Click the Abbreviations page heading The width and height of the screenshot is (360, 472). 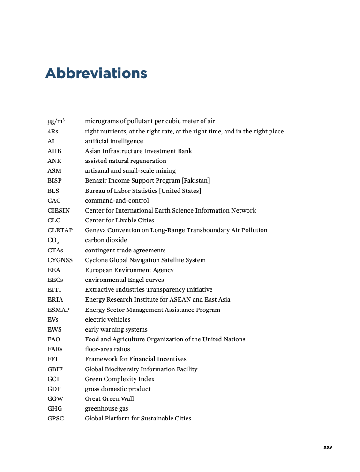pos(96,74)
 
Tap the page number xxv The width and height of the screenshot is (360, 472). pos(328,447)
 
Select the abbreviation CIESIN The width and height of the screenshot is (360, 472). pos(59,211)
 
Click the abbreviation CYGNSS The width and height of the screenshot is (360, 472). pos(60,260)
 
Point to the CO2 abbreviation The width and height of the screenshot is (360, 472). pos(53,241)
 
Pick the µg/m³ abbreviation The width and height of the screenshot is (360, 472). pos(56,121)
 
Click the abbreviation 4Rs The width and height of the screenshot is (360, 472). pos(53,132)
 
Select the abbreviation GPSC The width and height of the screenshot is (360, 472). pos(55,419)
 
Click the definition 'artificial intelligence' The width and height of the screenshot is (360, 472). pos(114,141)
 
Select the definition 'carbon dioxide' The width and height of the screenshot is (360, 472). pos(106,240)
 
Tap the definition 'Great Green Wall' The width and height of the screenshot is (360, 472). pos(109,399)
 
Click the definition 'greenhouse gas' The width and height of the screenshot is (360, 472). pos(106,409)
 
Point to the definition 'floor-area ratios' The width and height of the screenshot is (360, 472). pos(107,349)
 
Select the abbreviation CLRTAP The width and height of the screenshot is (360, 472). pos(60,230)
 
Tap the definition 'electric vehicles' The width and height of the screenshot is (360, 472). pos(108,320)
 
